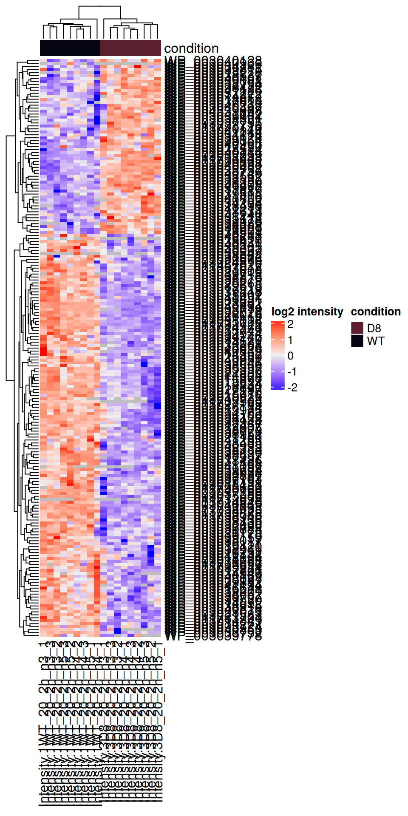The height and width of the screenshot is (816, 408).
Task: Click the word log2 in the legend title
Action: [283, 312]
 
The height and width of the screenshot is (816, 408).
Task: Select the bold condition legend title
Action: [376, 312]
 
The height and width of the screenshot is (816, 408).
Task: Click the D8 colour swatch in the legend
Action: [357, 328]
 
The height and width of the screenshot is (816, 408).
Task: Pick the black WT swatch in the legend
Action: [357, 341]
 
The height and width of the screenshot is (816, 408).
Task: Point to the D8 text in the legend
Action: [374, 328]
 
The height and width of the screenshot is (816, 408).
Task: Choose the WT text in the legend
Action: [376, 341]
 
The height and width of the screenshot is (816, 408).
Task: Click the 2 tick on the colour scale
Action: [290, 324]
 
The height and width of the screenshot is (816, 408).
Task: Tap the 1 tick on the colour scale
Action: [290, 340]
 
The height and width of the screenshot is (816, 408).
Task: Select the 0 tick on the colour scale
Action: [290, 356]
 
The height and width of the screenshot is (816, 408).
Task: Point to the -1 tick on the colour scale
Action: [292, 371]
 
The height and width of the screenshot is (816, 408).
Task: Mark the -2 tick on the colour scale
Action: [292, 387]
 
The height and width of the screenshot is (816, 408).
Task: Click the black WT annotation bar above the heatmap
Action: [70, 48]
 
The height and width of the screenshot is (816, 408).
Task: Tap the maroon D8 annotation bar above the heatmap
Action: [130, 48]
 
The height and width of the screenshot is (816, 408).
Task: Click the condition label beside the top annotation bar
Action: [191, 48]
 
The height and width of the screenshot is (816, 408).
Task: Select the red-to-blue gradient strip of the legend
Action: [278, 356]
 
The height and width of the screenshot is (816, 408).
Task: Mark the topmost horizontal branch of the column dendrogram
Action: [99, 7]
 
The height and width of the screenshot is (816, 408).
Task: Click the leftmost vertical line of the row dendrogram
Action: [6, 258]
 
